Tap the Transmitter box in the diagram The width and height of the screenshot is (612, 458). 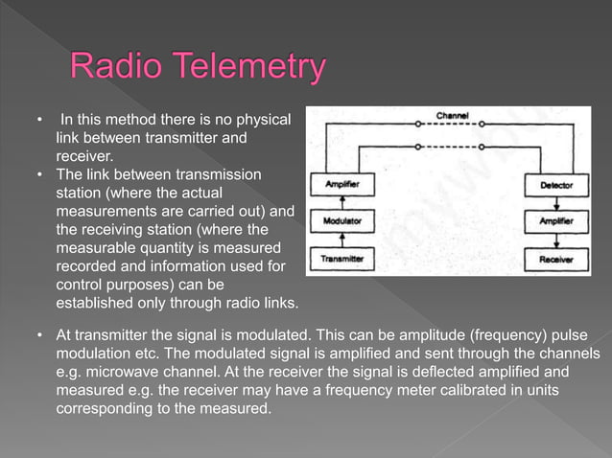point(342,259)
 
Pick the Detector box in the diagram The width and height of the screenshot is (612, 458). point(555,184)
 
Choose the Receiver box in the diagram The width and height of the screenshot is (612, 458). point(555,259)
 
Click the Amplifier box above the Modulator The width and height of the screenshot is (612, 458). point(342,184)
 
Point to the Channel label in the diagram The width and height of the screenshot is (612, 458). point(452,116)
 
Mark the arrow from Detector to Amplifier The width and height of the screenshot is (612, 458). point(555,203)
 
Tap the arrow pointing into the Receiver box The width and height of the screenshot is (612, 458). point(555,240)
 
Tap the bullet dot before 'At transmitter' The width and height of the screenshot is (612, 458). point(38,336)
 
